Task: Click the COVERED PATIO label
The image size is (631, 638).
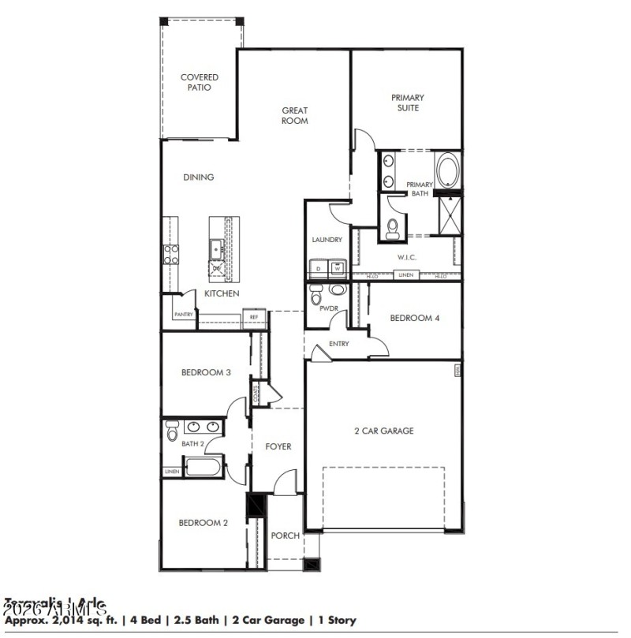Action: pos(199,83)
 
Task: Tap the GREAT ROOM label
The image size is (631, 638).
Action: pos(295,116)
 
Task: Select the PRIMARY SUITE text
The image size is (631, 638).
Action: pos(407,103)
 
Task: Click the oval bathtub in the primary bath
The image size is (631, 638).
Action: pos(447,170)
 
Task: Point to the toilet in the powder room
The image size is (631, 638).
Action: pos(316,297)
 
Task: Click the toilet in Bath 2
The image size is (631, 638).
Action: pos(172,431)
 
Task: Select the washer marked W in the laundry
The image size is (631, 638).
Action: pos(337,268)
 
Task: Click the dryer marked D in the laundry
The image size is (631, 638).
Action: pos(318,268)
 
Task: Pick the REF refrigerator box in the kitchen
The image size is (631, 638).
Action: pos(254,317)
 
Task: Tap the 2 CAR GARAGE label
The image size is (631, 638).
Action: pos(384,431)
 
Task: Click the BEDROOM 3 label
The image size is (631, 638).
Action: pos(205,372)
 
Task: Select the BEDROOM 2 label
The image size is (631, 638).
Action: pos(203,522)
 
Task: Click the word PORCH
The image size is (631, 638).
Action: pos(285,535)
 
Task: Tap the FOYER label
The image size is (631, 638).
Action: pos(278,446)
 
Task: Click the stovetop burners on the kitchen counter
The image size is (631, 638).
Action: pos(170,252)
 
